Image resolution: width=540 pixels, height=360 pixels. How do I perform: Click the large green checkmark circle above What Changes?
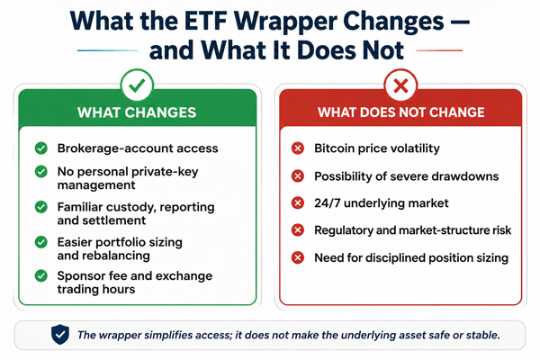tap(137, 85)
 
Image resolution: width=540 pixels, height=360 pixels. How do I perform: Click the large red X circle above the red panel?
tap(400, 85)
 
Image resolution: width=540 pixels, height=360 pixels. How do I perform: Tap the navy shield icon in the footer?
tap(60, 334)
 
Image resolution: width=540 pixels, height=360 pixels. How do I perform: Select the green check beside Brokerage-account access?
tap(41, 148)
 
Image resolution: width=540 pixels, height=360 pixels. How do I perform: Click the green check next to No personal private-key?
tap(41, 171)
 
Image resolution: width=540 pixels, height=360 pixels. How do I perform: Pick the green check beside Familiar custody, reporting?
tap(41, 207)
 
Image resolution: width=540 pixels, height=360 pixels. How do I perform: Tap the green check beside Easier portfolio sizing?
tap(41, 242)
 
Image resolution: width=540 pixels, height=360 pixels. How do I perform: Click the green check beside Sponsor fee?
tap(41, 275)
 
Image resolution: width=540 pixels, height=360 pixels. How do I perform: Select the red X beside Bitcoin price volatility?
tap(298, 148)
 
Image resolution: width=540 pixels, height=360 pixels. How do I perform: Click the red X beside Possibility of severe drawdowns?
tap(298, 176)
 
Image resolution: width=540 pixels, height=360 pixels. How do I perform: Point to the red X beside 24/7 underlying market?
tap(298, 202)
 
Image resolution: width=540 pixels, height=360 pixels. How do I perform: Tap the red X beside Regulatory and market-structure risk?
tap(298, 229)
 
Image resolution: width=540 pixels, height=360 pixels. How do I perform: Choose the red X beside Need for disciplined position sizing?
tap(298, 257)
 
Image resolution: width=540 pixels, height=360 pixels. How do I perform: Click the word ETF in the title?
tap(205, 22)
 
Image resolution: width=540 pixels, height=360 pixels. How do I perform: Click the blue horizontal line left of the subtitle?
tap(107, 50)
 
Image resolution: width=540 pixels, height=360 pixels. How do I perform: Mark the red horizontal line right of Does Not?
tap(439, 50)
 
